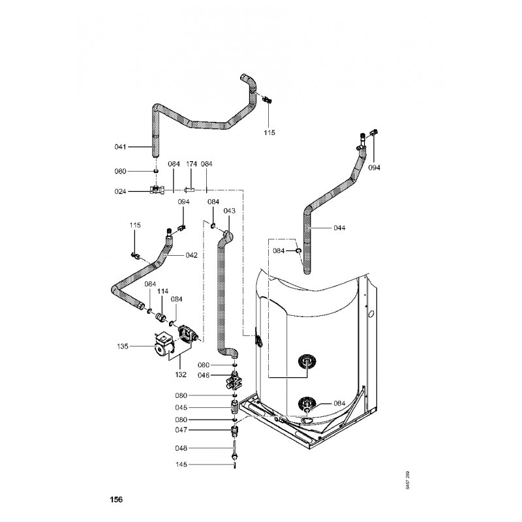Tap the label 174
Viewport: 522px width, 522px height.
(x=192, y=163)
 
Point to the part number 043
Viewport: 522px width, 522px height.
(x=229, y=211)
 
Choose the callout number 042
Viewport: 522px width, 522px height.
(x=191, y=254)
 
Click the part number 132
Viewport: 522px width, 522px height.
(x=180, y=375)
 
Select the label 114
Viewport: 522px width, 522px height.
(x=163, y=291)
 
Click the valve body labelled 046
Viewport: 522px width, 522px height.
(x=234, y=379)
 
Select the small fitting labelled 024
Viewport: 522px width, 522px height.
(x=156, y=191)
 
